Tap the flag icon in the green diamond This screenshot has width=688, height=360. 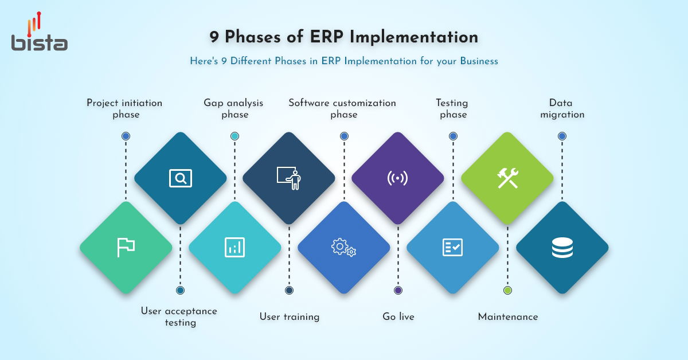(126, 247)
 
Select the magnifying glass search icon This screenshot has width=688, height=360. (181, 178)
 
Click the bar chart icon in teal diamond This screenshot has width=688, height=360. (234, 247)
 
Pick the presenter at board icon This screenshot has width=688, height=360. (289, 178)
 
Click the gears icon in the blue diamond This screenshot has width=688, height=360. (343, 247)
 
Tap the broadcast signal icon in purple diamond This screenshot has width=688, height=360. (398, 178)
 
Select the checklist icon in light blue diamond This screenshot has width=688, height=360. (452, 247)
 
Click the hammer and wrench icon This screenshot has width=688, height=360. (507, 178)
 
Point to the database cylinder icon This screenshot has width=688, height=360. (562, 247)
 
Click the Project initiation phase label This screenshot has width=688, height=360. (125, 108)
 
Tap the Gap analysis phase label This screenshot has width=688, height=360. (234, 108)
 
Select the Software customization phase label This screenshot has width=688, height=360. (343, 108)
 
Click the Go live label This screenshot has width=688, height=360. (398, 316)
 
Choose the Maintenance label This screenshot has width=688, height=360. (508, 316)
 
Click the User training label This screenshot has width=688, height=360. (289, 316)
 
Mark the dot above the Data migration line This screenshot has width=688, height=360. (562, 136)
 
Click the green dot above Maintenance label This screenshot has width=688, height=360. (507, 290)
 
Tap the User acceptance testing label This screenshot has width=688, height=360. (179, 316)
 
